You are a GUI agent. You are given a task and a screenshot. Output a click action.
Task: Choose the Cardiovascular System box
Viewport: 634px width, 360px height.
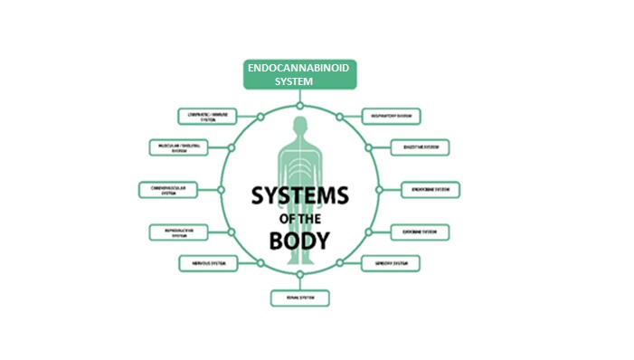(168, 189)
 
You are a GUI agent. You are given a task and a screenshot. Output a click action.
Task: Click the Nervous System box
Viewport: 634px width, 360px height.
(209, 263)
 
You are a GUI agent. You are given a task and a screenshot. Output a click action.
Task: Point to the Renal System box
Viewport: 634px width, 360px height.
(298, 298)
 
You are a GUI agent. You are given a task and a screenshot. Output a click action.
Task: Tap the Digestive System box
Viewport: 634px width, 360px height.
(420, 147)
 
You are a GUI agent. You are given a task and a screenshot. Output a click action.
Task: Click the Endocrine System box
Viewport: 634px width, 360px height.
(431, 189)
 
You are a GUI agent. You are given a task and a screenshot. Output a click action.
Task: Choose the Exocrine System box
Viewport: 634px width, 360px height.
(420, 232)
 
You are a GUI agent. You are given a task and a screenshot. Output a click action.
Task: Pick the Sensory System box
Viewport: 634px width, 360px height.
(391, 263)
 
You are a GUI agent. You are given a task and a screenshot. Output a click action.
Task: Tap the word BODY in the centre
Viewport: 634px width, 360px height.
(298, 241)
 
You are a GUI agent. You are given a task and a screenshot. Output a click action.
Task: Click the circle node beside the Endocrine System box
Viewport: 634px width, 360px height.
(381, 189)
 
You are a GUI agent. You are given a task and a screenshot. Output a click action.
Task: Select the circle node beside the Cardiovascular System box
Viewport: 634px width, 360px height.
(220, 189)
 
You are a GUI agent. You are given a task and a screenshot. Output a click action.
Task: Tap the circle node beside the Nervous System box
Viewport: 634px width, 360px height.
(260, 263)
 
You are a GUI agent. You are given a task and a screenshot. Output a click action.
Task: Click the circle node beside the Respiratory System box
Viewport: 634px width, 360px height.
(339, 117)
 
